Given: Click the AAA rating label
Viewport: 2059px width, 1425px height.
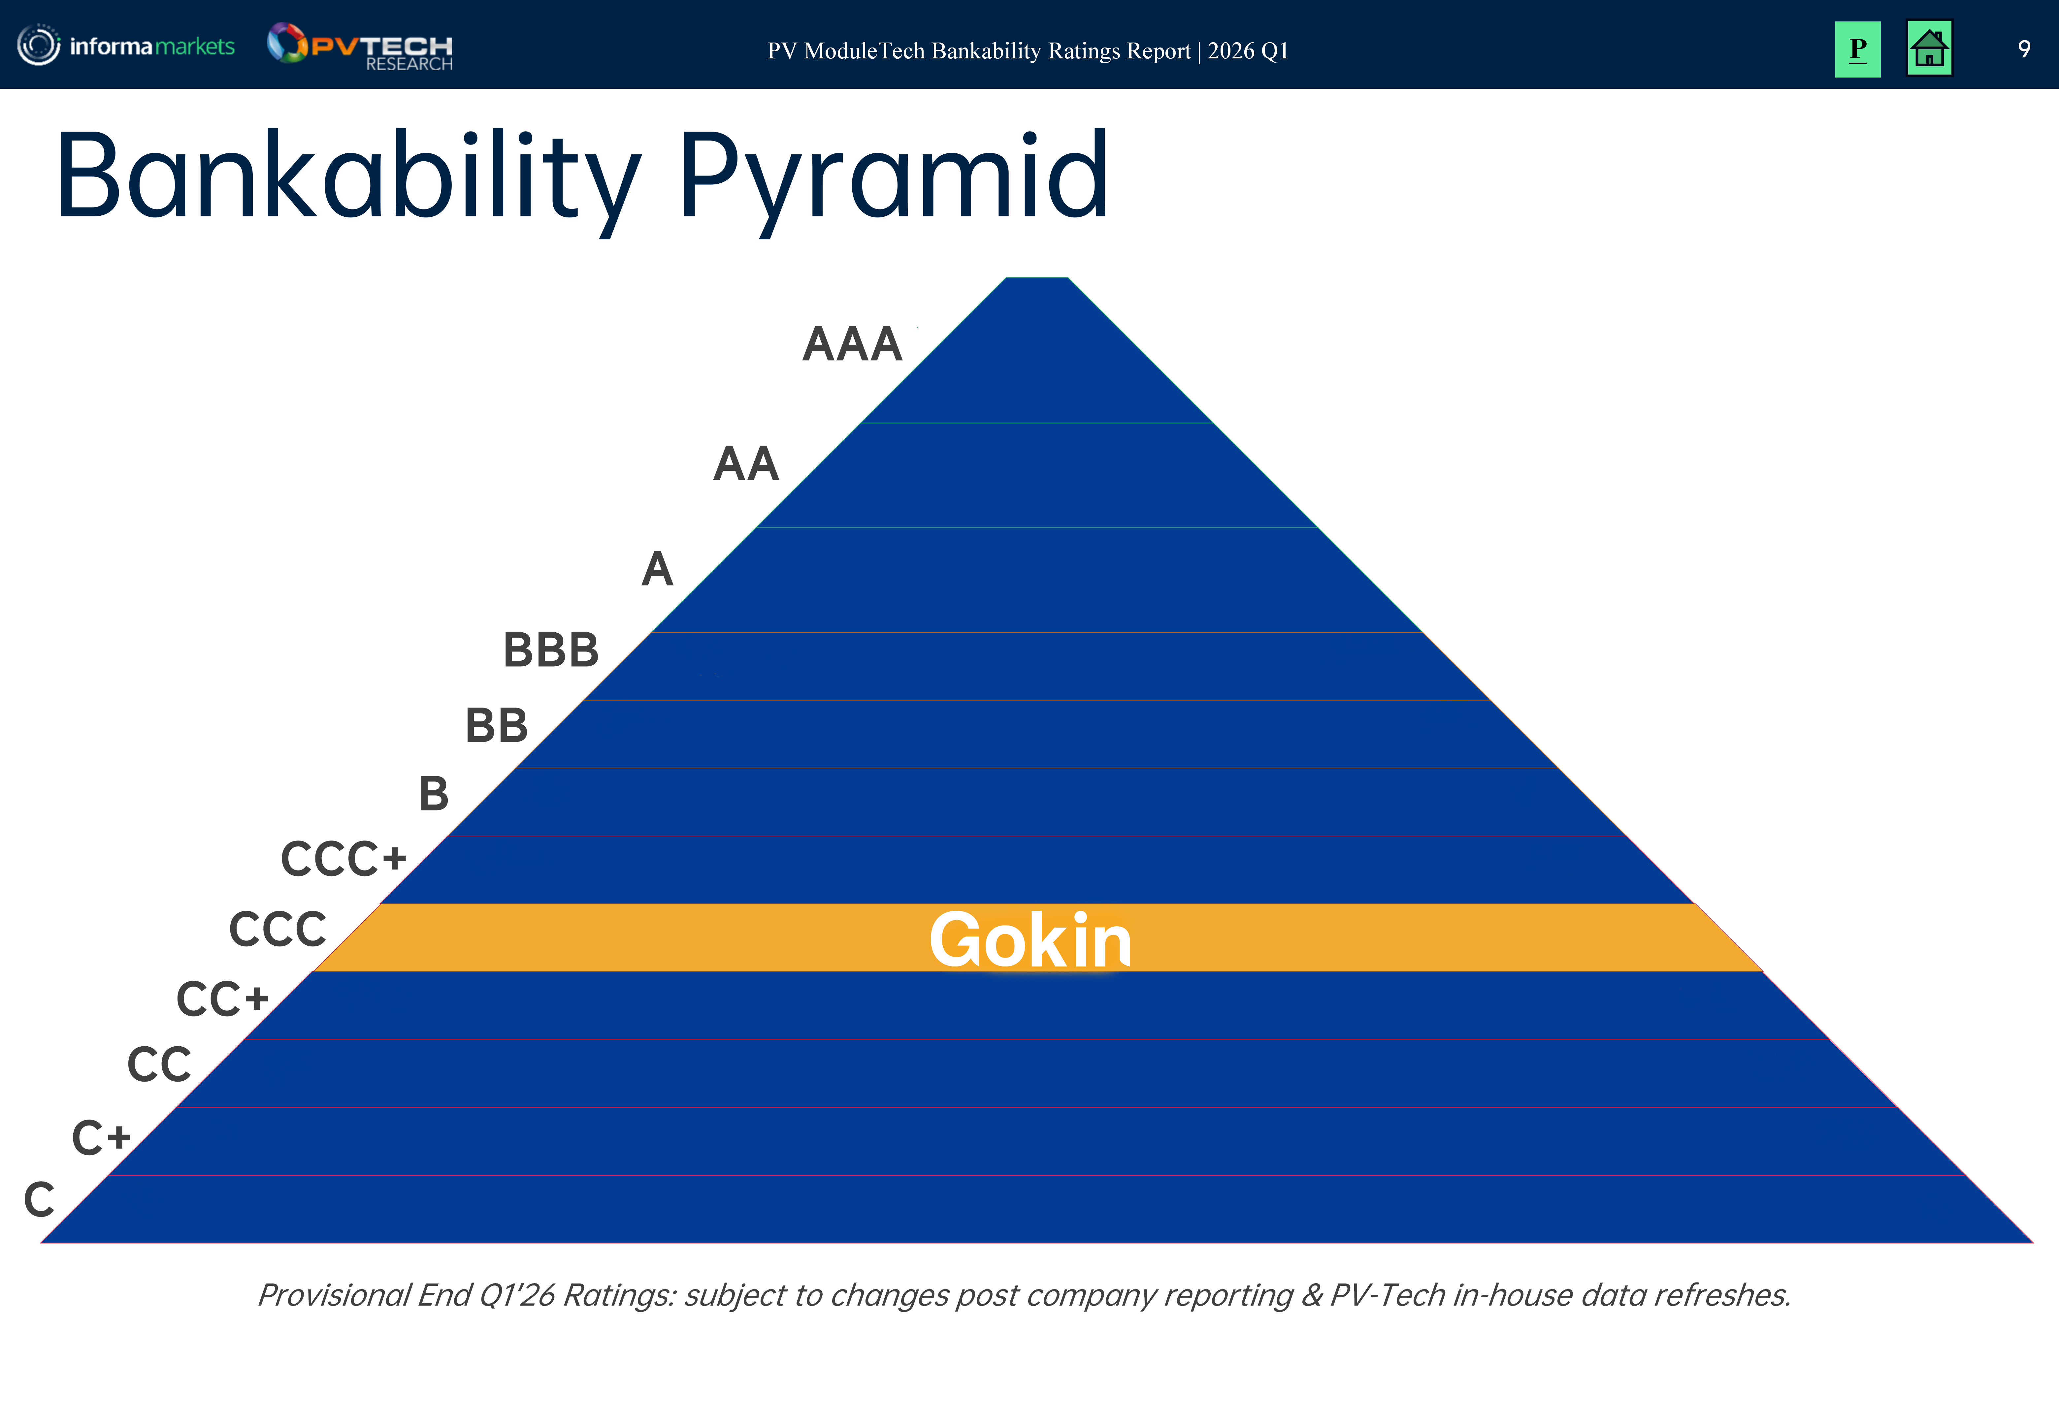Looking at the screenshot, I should tap(852, 345).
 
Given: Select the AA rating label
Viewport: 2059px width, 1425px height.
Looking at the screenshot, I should tap(745, 464).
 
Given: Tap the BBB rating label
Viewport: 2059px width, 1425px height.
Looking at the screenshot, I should tap(551, 650).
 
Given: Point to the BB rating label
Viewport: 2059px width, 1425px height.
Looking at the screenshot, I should tap(497, 726).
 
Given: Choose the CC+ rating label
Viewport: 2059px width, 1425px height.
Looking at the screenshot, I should tap(222, 999).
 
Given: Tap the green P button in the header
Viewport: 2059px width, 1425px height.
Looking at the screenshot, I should tap(1857, 49).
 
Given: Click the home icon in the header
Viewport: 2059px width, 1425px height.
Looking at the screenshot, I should tap(1929, 49).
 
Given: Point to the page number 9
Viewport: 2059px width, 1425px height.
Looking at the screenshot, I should tap(2024, 49).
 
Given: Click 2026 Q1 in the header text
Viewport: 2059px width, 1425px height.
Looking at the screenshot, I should tap(1248, 51).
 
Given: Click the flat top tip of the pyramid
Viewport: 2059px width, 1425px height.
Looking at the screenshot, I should tap(1037, 279).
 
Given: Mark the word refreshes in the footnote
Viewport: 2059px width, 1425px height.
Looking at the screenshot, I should tap(1730, 1296).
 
